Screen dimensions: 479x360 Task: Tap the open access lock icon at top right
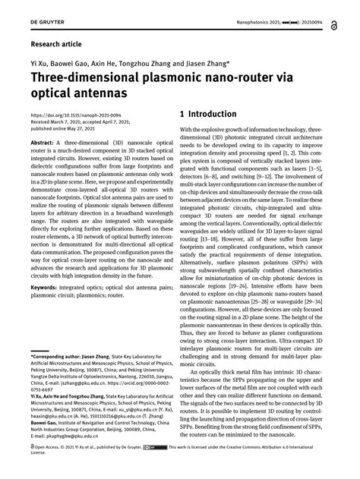coord(335,24)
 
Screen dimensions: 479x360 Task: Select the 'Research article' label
coord(57,46)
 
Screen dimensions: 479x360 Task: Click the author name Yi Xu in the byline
coord(39,65)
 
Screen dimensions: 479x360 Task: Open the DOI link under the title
coord(70,116)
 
